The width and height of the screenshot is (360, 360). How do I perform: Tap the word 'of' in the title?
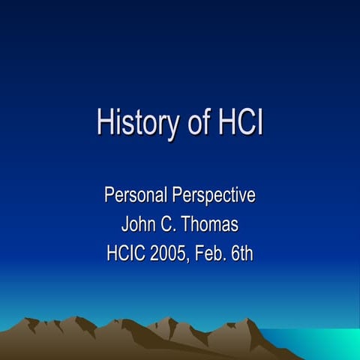click(x=198, y=122)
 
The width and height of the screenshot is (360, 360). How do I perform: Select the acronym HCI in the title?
click(x=239, y=122)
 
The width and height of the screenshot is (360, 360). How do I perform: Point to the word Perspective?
click(x=214, y=196)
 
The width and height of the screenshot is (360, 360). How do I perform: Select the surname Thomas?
click(x=211, y=224)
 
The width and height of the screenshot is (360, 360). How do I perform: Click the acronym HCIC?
click(x=128, y=253)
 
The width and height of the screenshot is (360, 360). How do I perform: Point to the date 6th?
click(x=241, y=253)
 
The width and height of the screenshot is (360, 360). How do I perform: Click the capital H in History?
click(x=104, y=122)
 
